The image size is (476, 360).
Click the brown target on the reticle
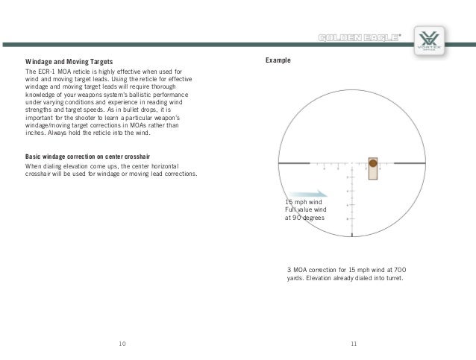pos(372,166)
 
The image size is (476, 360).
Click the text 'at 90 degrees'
pos(304,218)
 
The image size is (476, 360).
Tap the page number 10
pos(122,343)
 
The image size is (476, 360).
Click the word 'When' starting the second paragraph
pos(34,165)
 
